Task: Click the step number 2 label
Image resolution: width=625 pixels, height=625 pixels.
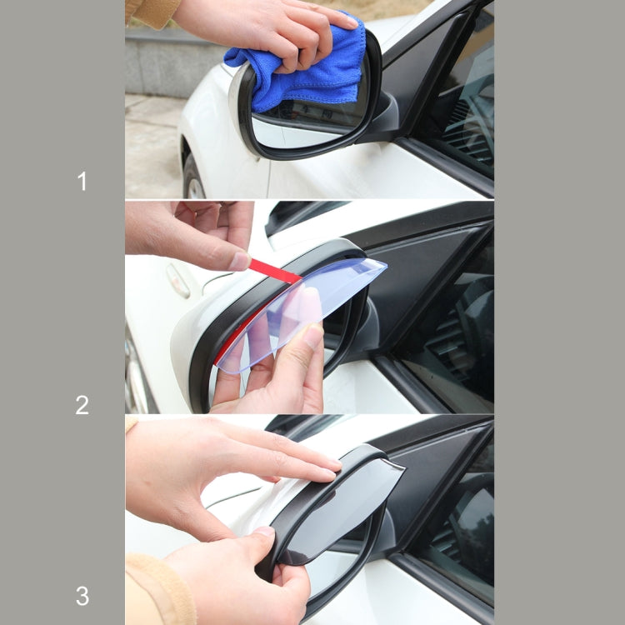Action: pos(82,406)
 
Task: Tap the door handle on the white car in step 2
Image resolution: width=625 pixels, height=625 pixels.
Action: pos(177,280)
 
